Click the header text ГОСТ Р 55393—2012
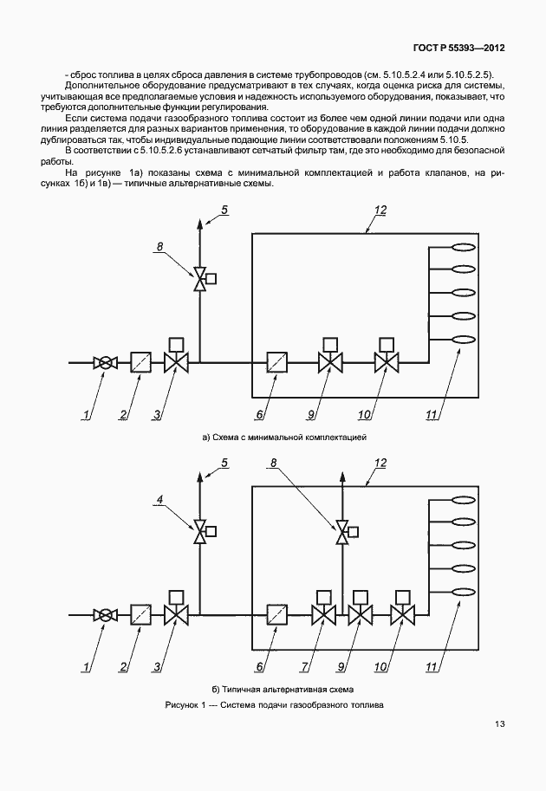click(x=458, y=49)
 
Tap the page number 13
click(x=499, y=724)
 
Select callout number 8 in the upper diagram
click(x=160, y=246)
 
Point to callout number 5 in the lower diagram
click(x=224, y=463)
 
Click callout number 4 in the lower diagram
click(x=160, y=499)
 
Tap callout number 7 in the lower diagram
click(x=305, y=667)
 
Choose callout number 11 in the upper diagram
click(x=431, y=415)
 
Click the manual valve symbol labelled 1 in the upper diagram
click(x=105, y=363)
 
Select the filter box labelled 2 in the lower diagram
click(x=140, y=615)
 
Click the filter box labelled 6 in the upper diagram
click(x=276, y=363)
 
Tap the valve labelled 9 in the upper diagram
click(x=330, y=356)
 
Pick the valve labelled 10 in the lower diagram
click(x=403, y=608)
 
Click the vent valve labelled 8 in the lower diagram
click(x=346, y=532)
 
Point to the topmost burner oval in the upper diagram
click(x=463, y=247)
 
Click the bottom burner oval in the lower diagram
click(x=463, y=593)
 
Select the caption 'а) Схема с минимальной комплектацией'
click(x=283, y=437)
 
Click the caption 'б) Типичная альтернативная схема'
click(x=283, y=689)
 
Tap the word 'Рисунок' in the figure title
click(x=183, y=704)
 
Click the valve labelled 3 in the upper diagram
click(x=176, y=356)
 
